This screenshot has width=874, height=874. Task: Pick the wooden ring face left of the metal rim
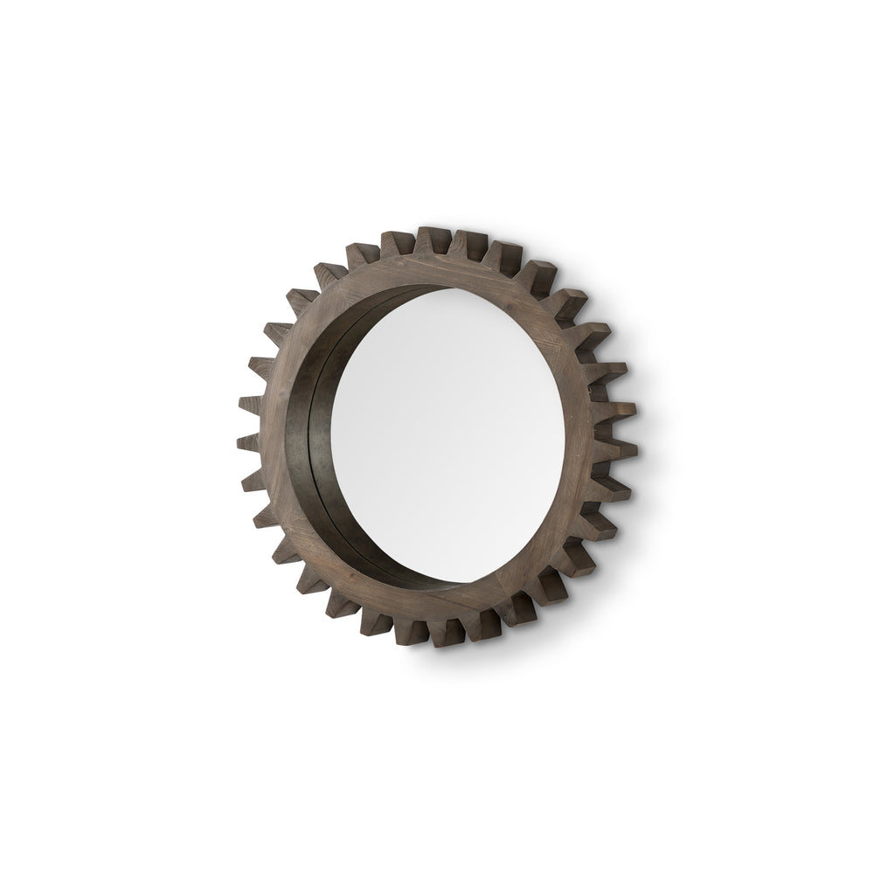click(281, 437)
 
